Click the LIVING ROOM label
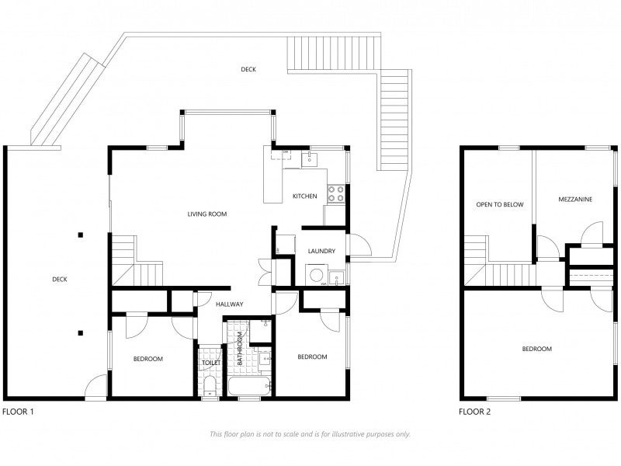(206, 213)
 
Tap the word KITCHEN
(304, 196)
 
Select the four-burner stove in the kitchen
(335, 193)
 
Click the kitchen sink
(309, 160)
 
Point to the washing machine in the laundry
(316, 275)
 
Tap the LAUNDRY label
(321, 251)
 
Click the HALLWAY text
(230, 304)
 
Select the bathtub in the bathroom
(248, 385)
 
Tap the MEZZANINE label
(575, 200)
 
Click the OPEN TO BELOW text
(499, 205)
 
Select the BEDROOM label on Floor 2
(536, 349)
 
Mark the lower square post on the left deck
(80, 333)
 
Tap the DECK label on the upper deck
(248, 69)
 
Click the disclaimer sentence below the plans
(310, 434)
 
